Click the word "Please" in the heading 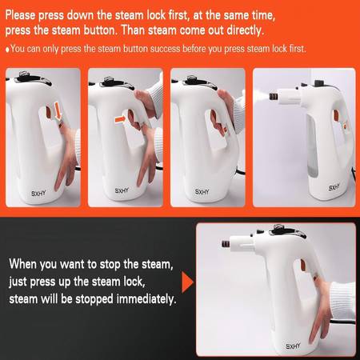pos(20,15)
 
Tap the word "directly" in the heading pos(244,30)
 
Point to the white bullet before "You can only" pos(8,50)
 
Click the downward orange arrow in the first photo pos(58,110)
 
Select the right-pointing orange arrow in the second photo pos(120,119)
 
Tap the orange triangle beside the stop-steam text pos(188,282)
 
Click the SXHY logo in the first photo pos(38,193)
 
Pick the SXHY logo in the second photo pos(122,190)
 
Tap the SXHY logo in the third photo pos(202,192)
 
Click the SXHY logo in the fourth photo pos(334,187)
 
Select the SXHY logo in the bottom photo pos(293,346)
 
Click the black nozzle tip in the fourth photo pos(273,96)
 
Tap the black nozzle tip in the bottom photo pos(226,243)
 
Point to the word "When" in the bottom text pos(22,264)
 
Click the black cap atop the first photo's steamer pos(23,74)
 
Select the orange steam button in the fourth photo pos(336,114)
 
